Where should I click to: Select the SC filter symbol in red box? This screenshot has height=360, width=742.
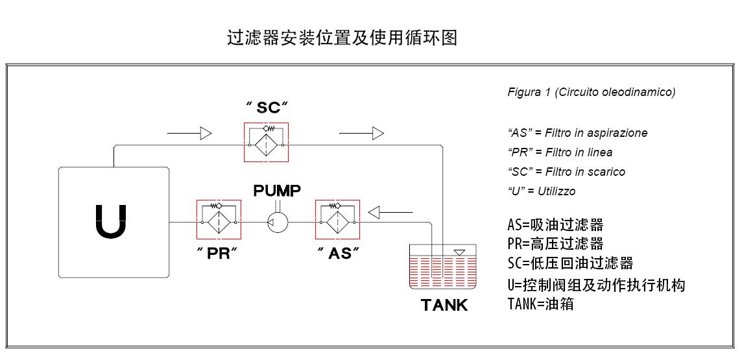(x=265, y=143)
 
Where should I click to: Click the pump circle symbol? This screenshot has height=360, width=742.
(x=278, y=222)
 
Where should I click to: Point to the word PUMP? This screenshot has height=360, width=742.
(x=277, y=191)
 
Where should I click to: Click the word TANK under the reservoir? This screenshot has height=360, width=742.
(x=444, y=305)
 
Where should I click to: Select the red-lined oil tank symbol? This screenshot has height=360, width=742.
(x=444, y=267)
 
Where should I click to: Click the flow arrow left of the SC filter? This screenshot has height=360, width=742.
(x=189, y=134)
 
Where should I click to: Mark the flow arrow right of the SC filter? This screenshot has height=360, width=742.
(x=361, y=134)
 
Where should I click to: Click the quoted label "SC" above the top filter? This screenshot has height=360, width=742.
(x=267, y=108)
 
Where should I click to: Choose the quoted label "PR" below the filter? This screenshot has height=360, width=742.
(x=218, y=254)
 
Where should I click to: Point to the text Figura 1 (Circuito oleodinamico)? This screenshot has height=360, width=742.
(x=591, y=92)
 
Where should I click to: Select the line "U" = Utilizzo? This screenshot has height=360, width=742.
(x=541, y=191)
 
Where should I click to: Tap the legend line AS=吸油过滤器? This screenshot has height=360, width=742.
(x=555, y=225)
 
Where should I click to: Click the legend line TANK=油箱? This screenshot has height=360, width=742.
(x=540, y=303)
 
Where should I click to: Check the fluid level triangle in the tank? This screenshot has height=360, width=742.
(x=459, y=251)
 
